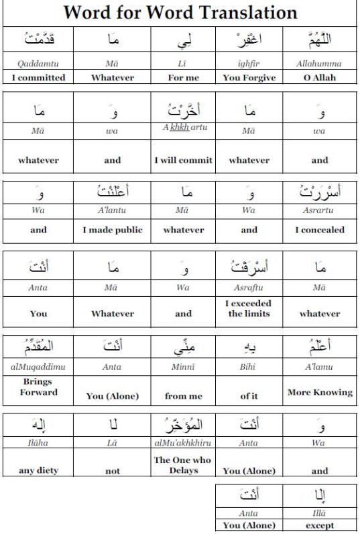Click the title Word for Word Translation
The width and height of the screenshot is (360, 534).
pyautogui.click(x=180, y=12)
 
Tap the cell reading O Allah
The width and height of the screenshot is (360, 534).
pyautogui.click(x=320, y=77)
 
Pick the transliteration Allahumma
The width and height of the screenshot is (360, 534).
pyautogui.click(x=320, y=64)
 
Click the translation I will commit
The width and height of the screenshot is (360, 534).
pyautogui.click(x=183, y=160)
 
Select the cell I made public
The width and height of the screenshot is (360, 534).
pyautogui.click(x=112, y=230)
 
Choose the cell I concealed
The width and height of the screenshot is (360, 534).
pyautogui.click(x=320, y=230)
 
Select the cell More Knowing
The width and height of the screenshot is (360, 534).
pyautogui.click(x=320, y=392)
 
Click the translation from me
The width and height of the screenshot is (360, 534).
pyautogui.click(x=183, y=396)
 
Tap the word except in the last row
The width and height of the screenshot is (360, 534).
pyautogui.click(x=320, y=525)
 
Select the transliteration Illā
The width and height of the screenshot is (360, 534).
pyautogui.click(x=320, y=515)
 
